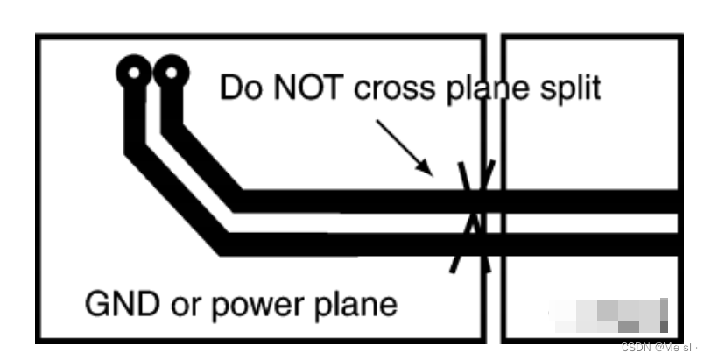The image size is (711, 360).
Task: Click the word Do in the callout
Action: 237,88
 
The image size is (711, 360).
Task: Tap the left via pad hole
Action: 134,73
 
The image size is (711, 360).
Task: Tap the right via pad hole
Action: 172,73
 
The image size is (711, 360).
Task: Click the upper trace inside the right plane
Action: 595,202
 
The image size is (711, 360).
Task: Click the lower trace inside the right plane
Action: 595,244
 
